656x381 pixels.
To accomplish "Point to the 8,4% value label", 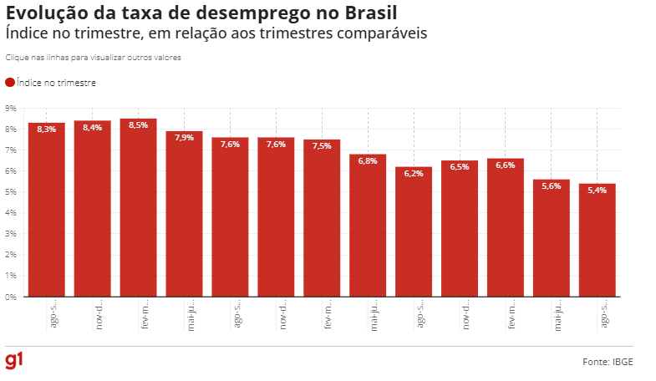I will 93,128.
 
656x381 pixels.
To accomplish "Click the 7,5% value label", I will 322,146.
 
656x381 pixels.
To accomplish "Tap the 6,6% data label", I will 506,165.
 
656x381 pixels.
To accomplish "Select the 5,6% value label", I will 552,186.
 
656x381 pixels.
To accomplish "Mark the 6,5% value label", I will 460,167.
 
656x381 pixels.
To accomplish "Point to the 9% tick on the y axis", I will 11,109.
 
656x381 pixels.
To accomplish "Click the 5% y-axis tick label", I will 11,192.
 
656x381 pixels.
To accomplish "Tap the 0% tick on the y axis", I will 11,297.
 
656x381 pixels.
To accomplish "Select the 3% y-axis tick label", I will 11,234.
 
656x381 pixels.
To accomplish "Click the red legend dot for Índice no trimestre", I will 10,83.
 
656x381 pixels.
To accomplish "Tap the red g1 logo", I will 14,360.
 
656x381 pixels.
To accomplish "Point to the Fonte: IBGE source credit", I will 608,362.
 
